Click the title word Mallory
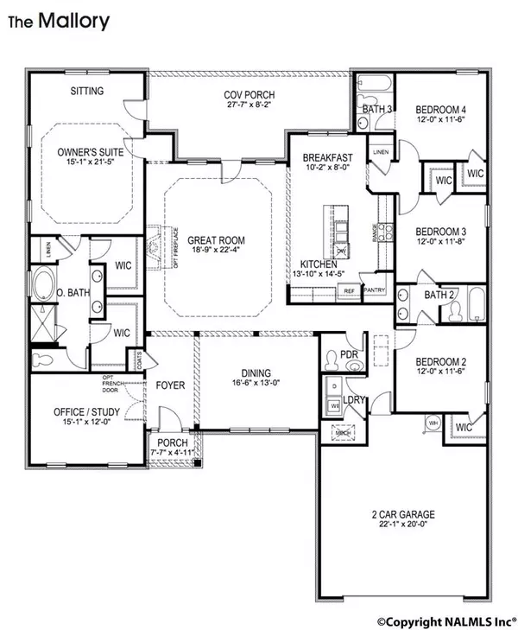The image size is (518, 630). coord(73,21)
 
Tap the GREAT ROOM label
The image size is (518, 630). coord(216,241)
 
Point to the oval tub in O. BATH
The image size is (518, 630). coord(41,283)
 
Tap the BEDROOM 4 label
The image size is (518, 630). coord(443,109)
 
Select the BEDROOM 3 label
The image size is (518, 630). coord(443,231)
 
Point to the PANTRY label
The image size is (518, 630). coord(375,291)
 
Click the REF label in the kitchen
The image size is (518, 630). coord(350,291)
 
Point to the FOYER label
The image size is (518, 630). coord(171,385)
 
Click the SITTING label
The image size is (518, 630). coord(86,91)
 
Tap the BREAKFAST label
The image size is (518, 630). coord(328,157)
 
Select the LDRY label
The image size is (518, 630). coord(352,400)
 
